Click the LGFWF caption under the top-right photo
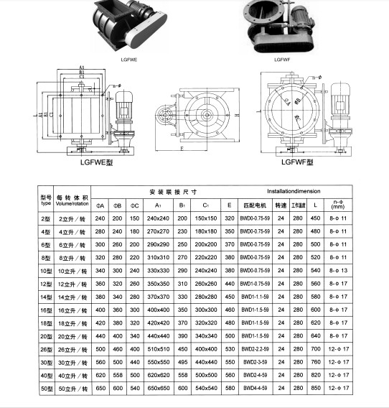[281, 61]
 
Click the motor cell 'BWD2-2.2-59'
[255, 349]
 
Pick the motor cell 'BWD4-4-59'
[255, 388]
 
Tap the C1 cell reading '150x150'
[205, 218]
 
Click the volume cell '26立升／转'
[72, 349]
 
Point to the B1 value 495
[182, 362]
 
